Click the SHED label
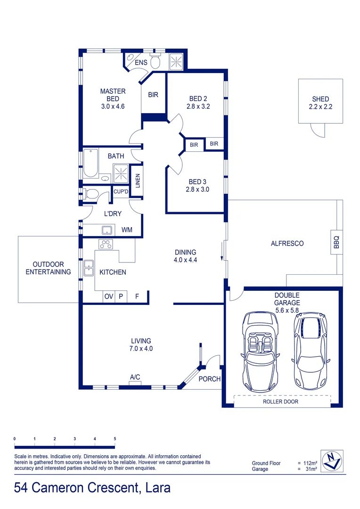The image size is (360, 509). click(x=320, y=99)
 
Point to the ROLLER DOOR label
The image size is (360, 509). click(x=281, y=402)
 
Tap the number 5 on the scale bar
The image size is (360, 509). click(x=115, y=439)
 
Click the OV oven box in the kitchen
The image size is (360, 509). click(x=109, y=296)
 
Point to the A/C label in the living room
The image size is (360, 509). click(x=135, y=377)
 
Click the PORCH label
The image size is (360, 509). click(x=209, y=379)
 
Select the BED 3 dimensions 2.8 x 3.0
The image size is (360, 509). click(x=198, y=189)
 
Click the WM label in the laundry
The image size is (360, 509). click(x=127, y=230)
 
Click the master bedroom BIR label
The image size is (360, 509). click(x=153, y=95)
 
